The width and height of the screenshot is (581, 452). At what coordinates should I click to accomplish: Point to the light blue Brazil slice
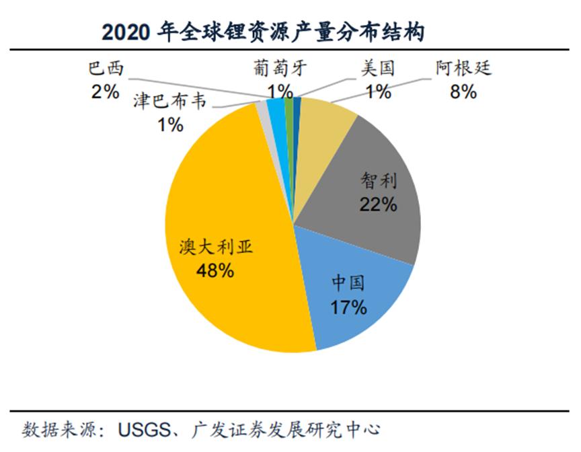pyautogui.click(x=275, y=105)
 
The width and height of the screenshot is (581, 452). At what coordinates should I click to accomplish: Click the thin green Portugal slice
pyautogui.click(x=289, y=104)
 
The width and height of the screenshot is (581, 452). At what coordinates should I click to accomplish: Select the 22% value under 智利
pyautogui.click(x=378, y=204)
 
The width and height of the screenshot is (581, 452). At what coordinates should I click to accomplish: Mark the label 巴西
pyautogui.click(x=106, y=69)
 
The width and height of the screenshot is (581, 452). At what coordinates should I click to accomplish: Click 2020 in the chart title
pyautogui.click(x=125, y=32)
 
